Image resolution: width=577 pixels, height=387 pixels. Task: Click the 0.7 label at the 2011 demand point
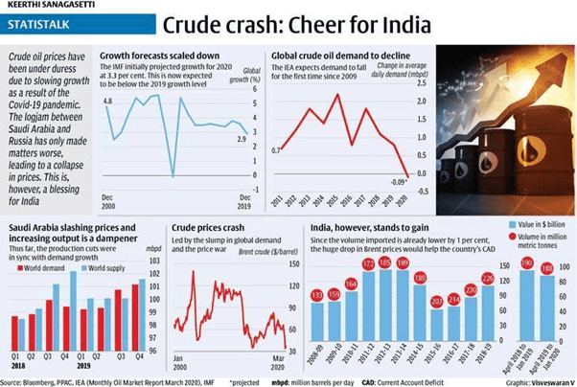pyautogui.click(x=276, y=149)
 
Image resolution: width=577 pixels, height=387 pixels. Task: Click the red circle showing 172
pyautogui.click(x=368, y=263)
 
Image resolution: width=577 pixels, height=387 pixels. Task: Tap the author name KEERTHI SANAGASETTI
pyautogui.click(x=42, y=7)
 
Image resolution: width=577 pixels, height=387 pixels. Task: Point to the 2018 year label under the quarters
pyautogui.click(x=17, y=374)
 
